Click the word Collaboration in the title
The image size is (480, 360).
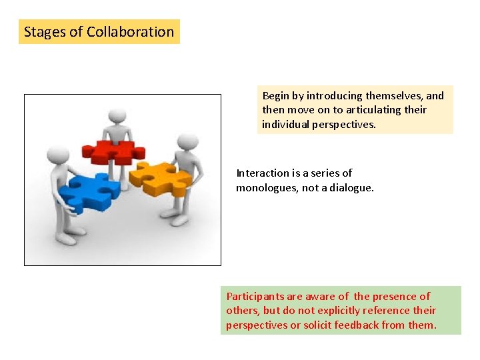tap(131, 31)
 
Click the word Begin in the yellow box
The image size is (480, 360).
tap(276, 96)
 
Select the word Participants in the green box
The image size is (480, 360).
tap(255, 297)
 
